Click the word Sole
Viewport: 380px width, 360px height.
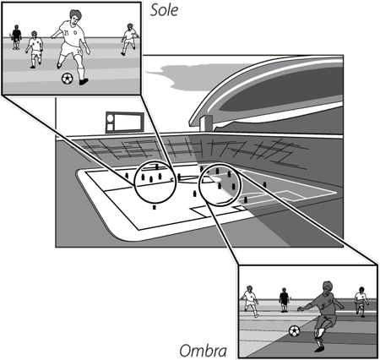click(x=164, y=10)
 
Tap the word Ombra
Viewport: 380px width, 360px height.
click(x=203, y=351)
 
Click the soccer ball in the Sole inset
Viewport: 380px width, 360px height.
click(x=68, y=79)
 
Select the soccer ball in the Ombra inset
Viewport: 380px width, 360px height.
click(x=295, y=330)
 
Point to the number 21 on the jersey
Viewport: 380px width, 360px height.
click(x=66, y=33)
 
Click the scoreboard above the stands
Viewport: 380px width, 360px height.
click(x=125, y=123)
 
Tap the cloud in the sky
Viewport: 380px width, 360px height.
click(x=180, y=76)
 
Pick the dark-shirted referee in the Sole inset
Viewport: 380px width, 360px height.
click(x=16, y=37)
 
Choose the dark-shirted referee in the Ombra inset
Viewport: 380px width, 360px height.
click(x=284, y=300)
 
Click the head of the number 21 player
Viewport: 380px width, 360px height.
click(x=74, y=16)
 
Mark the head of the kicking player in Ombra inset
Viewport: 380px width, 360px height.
click(x=327, y=288)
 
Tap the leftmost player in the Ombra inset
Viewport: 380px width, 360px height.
click(x=250, y=302)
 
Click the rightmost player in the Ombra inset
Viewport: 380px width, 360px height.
click(x=361, y=302)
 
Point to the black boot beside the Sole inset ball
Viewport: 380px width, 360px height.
click(x=84, y=82)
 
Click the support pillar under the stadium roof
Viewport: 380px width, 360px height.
click(x=206, y=123)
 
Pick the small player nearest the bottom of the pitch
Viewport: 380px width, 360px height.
click(x=154, y=207)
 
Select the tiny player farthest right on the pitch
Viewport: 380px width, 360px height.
click(x=264, y=184)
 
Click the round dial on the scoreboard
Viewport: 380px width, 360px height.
click(x=111, y=117)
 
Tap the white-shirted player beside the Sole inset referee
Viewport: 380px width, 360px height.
click(x=35, y=50)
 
